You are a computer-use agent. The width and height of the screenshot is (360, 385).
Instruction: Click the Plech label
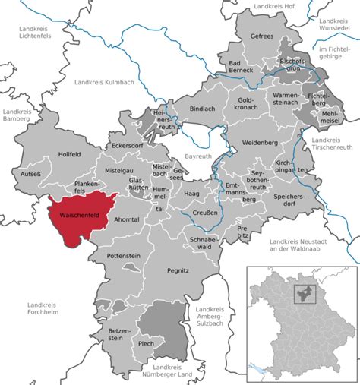[147, 343]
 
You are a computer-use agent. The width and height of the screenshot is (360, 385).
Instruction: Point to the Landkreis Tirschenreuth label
[333, 144]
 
